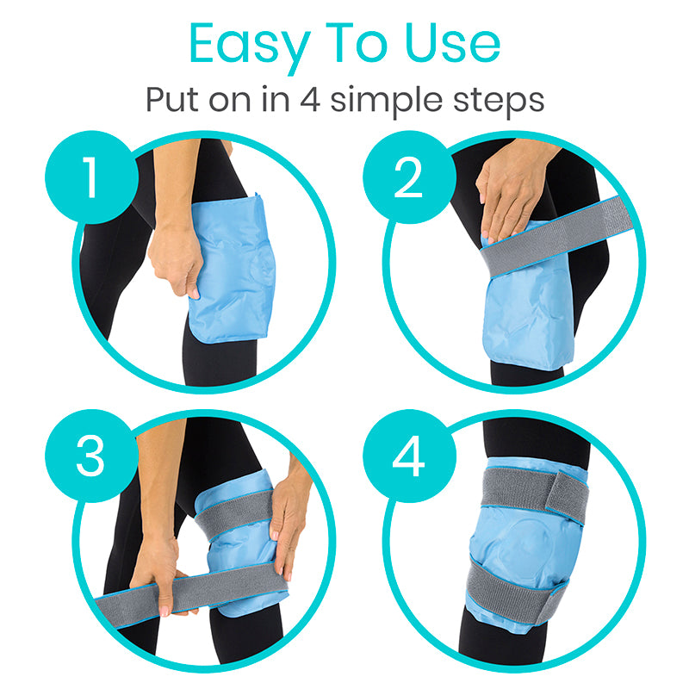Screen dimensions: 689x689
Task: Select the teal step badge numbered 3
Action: (91, 456)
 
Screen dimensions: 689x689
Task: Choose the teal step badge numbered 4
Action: (407, 456)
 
